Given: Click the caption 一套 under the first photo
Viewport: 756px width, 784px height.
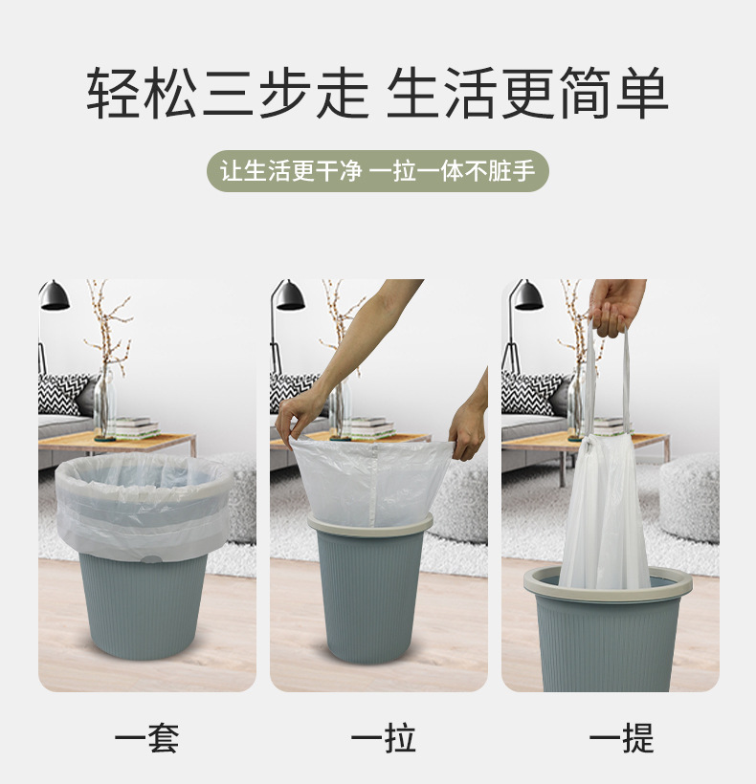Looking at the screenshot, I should (146, 738).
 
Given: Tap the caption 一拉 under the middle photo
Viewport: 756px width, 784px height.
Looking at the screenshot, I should (383, 738).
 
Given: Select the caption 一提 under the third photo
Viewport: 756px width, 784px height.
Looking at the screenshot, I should (620, 738).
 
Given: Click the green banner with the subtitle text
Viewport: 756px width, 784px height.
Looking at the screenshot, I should (378, 172).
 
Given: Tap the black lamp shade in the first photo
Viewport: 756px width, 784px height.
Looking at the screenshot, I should (54, 296).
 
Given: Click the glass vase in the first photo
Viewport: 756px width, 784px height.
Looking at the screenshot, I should (102, 406).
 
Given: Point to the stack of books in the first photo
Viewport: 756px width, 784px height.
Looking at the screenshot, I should (133, 427).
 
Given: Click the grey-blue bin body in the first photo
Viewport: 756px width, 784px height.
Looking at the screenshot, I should (144, 607).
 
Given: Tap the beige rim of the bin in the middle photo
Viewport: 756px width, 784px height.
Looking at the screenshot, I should (370, 525).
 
